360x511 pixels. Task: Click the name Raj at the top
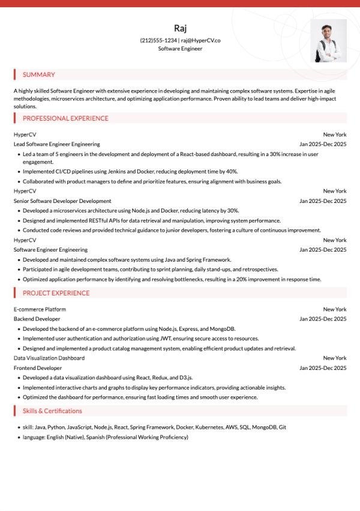[180, 28]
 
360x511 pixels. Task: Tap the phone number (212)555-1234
[158, 40]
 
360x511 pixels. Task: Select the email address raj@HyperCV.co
[201, 40]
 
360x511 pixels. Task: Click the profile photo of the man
[328, 41]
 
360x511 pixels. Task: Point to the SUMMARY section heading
[38, 75]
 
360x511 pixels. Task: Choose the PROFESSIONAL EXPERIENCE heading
[65, 118]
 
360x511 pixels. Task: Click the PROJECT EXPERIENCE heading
[56, 293]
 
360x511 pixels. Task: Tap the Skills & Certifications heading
[52, 411]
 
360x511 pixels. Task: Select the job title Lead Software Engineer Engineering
[57, 144]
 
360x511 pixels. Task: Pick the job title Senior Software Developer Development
[62, 201]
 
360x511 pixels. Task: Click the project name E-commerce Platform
[40, 309]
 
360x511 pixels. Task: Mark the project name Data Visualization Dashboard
[49, 358]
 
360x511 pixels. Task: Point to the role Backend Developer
[37, 319]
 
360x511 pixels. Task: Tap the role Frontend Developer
[38, 367]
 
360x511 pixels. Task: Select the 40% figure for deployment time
[232, 172]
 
